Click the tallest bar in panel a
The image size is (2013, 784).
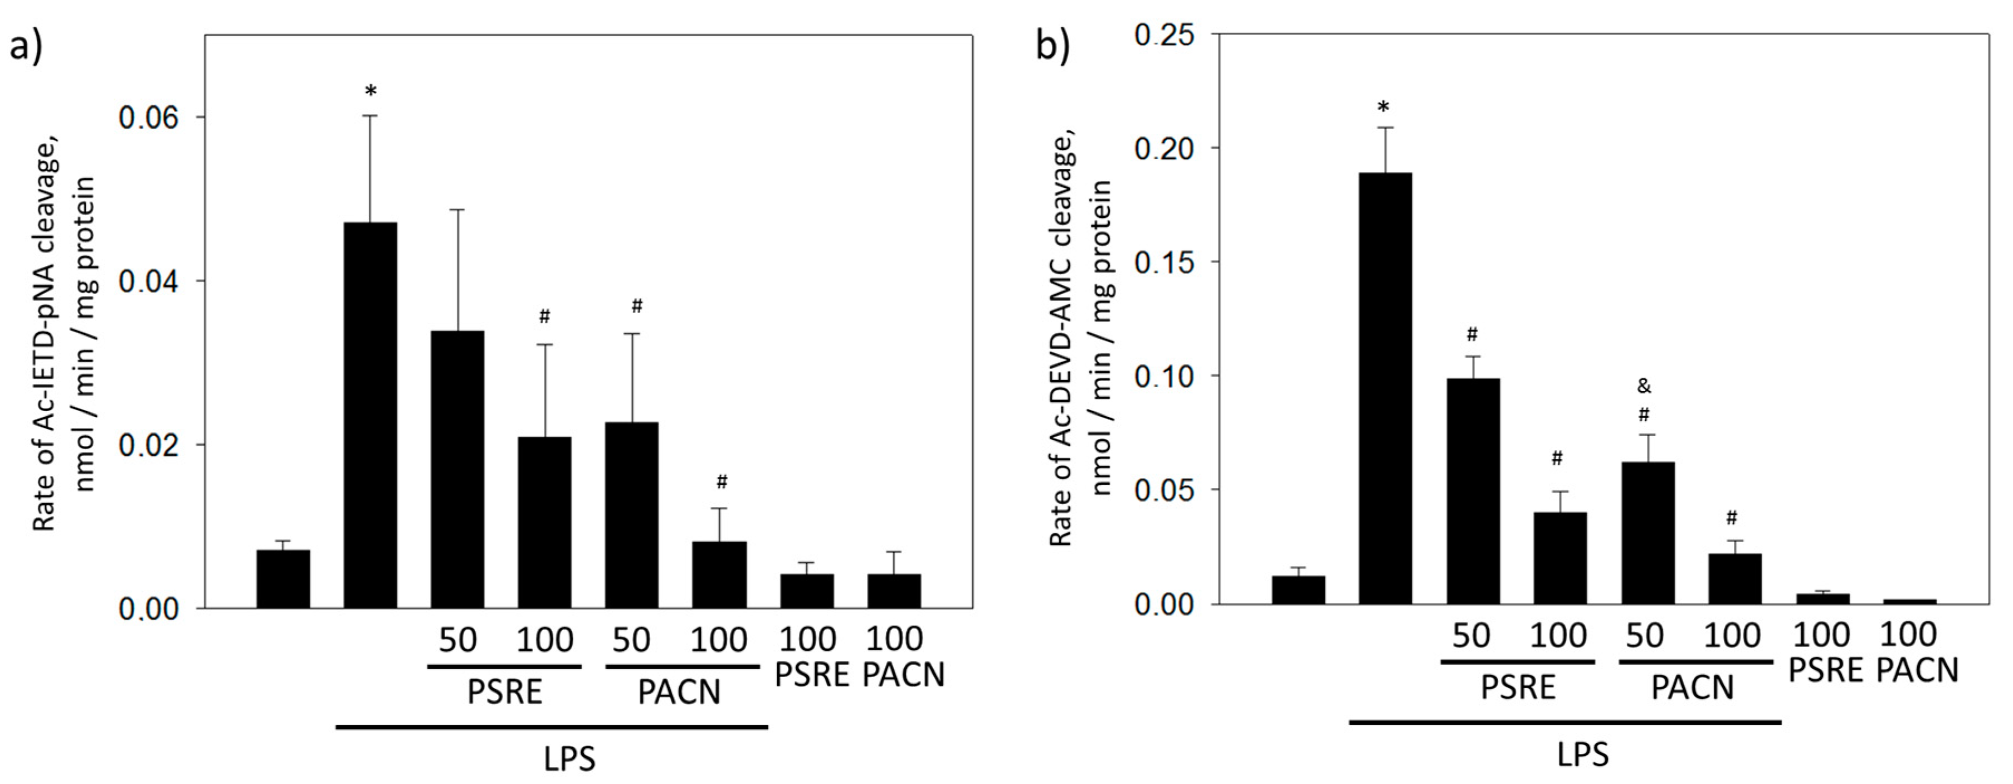[371, 414]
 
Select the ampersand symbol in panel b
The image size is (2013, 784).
[1644, 386]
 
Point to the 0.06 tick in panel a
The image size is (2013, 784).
[148, 117]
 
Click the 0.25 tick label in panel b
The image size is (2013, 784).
[1164, 35]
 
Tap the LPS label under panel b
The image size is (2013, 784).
[1583, 755]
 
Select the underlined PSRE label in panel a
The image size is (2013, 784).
[504, 693]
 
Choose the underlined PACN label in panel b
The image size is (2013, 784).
[1693, 688]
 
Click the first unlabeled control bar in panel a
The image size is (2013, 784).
[283, 578]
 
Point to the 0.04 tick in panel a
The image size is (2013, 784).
[148, 281]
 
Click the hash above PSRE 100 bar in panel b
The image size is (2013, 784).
[1557, 459]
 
